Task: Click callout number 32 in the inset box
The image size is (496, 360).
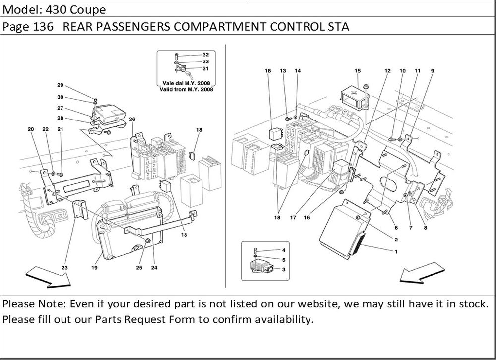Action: coord(206,55)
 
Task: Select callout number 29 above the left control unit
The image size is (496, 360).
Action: coord(60,85)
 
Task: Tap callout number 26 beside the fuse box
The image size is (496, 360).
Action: coord(132,120)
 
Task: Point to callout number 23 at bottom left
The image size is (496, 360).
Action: coord(64,268)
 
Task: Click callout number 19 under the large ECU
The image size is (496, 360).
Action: coord(94,268)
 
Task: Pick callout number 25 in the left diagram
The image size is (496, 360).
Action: coord(139,268)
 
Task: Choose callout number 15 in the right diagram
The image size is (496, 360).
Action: coord(357,71)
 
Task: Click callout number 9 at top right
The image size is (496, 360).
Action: coord(433,71)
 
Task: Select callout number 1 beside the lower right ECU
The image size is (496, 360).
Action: coord(396,251)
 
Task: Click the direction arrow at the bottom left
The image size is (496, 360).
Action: coord(48,276)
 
